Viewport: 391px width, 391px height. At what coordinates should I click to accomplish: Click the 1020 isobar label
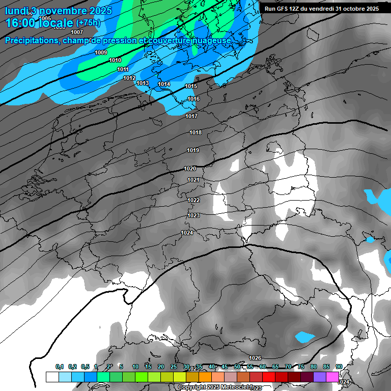pyautogui.click(x=190, y=169)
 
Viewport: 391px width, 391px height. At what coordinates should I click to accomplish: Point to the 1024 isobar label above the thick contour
pyautogui.click(x=187, y=233)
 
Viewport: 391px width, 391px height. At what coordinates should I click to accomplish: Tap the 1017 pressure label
pyautogui.click(x=191, y=117)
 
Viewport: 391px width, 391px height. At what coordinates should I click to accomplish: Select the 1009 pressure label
pyautogui.click(x=101, y=52)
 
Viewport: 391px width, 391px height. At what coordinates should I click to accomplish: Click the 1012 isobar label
pyautogui.click(x=129, y=78)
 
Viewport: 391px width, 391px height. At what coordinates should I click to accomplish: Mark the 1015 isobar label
pyautogui.click(x=191, y=87)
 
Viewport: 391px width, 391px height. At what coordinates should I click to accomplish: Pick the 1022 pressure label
pyautogui.click(x=193, y=200)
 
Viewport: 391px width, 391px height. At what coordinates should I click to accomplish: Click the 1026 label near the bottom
pyautogui.click(x=255, y=358)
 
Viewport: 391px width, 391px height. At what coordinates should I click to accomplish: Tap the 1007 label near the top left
pyautogui.click(x=77, y=32)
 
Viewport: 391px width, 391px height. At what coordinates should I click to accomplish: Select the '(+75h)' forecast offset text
pyautogui.click(x=88, y=23)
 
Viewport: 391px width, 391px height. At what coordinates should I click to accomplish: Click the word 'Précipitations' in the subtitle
pyautogui.click(x=31, y=40)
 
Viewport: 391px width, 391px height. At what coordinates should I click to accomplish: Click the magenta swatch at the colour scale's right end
pyautogui.click(x=332, y=377)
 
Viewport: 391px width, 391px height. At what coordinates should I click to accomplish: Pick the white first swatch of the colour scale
pyautogui.click(x=52, y=377)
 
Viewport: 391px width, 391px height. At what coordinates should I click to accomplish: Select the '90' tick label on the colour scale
pyautogui.click(x=339, y=367)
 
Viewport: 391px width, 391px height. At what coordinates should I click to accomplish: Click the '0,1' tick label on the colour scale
pyautogui.click(x=59, y=367)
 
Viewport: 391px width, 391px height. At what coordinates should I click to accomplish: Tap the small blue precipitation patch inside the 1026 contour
pyautogui.click(x=305, y=337)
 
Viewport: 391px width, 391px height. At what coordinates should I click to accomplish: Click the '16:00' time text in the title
pyautogui.click(x=20, y=23)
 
